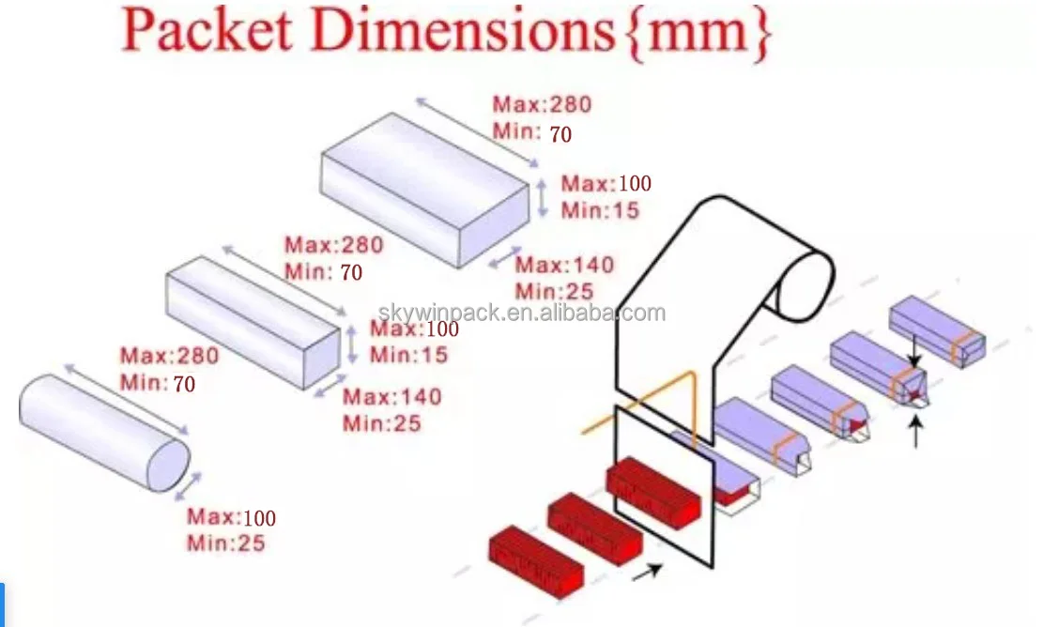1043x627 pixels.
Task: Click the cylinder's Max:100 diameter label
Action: (x=231, y=517)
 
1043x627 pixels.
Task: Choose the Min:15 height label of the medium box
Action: (x=408, y=355)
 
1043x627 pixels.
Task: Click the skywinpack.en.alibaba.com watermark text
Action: (x=522, y=313)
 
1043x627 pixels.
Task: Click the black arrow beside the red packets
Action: (x=647, y=571)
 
